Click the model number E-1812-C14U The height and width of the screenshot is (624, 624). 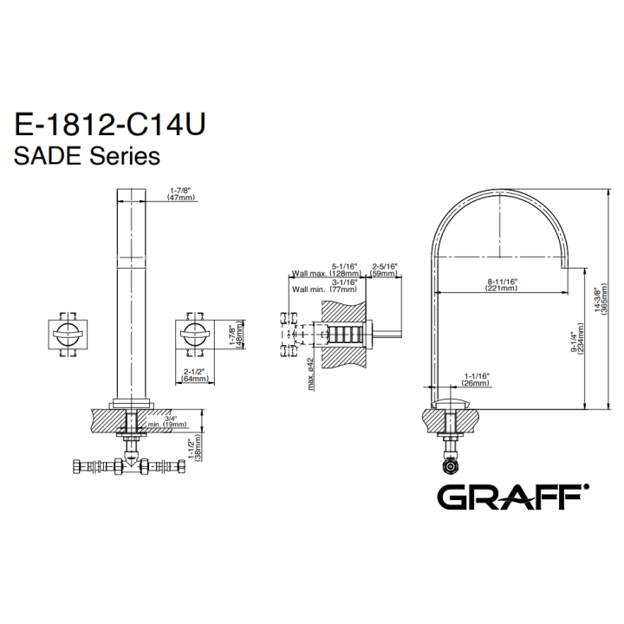point(110,124)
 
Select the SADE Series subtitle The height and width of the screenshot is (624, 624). point(87,156)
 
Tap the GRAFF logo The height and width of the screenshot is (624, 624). point(513,497)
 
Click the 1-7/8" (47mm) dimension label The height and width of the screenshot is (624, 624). point(181,194)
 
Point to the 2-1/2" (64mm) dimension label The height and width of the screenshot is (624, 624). point(194,375)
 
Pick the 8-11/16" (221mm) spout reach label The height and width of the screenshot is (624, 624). point(501,284)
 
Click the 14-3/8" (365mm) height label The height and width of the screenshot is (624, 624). point(601,299)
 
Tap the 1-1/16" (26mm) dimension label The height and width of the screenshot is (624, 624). point(476,380)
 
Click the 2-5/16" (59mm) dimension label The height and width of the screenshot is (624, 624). point(384,270)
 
